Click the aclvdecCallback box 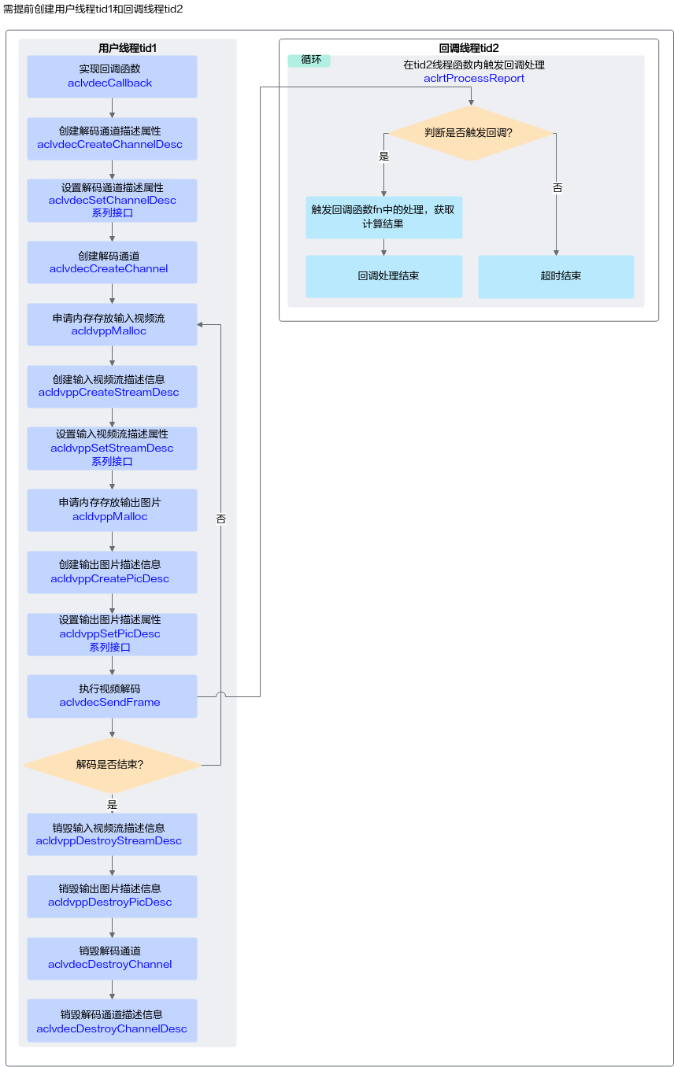[x=112, y=76]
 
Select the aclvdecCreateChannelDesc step [x=112, y=138]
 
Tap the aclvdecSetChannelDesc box [x=112, y=201]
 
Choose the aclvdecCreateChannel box [x=112, y=263]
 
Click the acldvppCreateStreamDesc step [x=112, y=386]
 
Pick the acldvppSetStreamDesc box [x=112, y=449]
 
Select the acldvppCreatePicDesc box [x=112, y=572]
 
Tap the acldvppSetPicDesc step [x=112, y=634]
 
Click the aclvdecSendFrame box [x=112, y=696]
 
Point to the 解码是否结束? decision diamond [x=112, y=765]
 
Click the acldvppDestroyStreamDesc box [x=112, y=835]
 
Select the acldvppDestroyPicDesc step [x=112, y=896]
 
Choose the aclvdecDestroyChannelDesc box [x=112, y=1021]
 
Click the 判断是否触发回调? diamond [x=471, y=133]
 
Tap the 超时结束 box [x=556, y=277]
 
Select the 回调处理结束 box [x=384, y=276]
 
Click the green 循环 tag [x=309, y=61]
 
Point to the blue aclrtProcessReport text [x=474, y=78]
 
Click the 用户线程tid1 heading [x=128, y=48]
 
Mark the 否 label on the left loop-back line [x=220, y=519]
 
